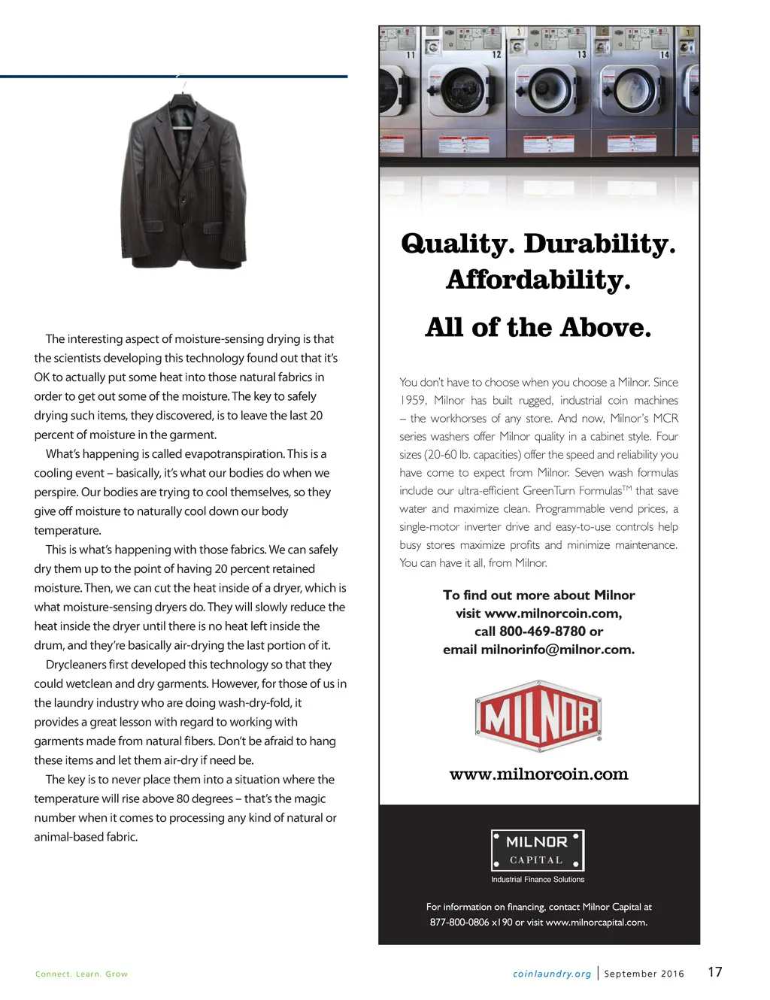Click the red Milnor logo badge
point(538,717)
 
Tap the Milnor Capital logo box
point(538,850)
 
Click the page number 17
point(715,971)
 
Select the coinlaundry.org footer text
point(552,974)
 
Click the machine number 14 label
point(665,55)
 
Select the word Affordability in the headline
point(538,280)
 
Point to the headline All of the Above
point(538,328)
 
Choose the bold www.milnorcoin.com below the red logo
point(538,774)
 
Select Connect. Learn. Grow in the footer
point(81,974)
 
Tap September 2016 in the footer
point(644,974)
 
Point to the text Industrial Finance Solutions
point(538,879)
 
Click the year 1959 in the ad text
point(413,401)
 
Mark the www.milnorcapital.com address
point(596,923)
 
